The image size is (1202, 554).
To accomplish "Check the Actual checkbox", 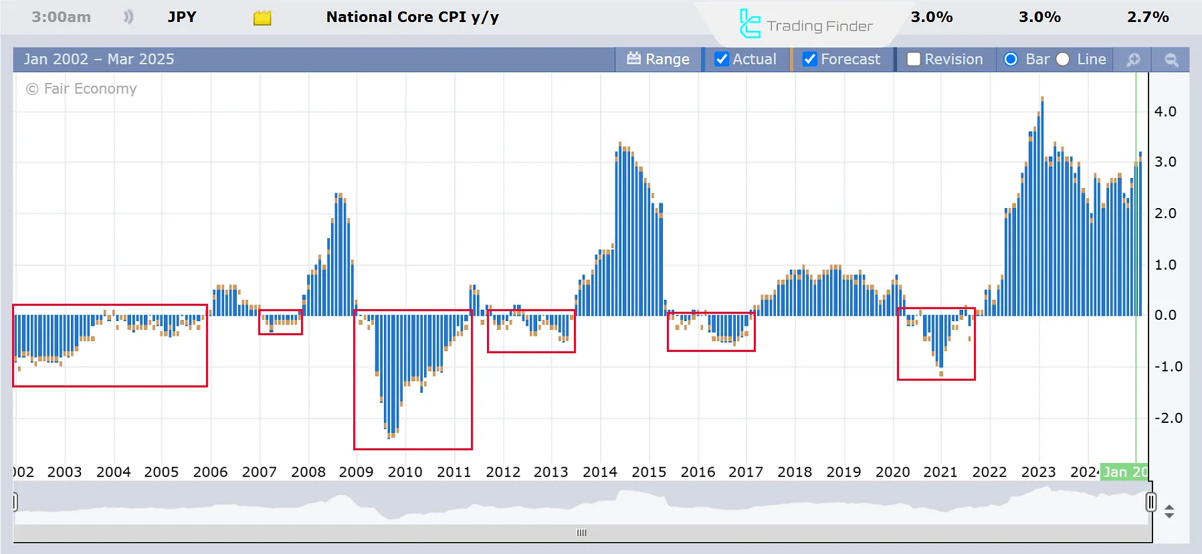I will tap(722, 60).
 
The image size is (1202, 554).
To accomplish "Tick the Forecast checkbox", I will tap(809, 60).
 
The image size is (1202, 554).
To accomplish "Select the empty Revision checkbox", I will tap(914, 60).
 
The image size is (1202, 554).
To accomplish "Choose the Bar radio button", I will tap(1011, 60).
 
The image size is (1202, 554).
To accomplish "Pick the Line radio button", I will tap(1063, 60).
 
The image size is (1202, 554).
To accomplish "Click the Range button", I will tap(658, 60).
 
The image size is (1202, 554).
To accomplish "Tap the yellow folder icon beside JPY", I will tap(262, 18).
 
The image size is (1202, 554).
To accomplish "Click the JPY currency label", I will tap(182, 17).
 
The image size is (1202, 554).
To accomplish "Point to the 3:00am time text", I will tap(61, 17).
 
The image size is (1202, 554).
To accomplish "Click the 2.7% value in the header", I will tap(1148, 17).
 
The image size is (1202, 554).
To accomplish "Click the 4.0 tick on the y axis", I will tap(1165, 112).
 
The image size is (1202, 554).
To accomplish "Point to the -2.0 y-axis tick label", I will tap(1168, 418).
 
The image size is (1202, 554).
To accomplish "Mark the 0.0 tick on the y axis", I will tap(1165, 315).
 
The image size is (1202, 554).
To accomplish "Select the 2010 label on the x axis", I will tap(405, 472).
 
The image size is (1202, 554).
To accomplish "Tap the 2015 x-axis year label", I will tap(649, 472).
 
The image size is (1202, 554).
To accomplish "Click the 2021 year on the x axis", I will tap(940, 472).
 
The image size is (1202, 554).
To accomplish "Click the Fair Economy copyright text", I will tap(82, 89).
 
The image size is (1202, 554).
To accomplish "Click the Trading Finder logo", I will tap(805, 25).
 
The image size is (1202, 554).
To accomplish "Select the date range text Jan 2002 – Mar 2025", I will tap(99, 60).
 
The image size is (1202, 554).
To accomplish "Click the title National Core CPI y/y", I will tap(413, 17).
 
